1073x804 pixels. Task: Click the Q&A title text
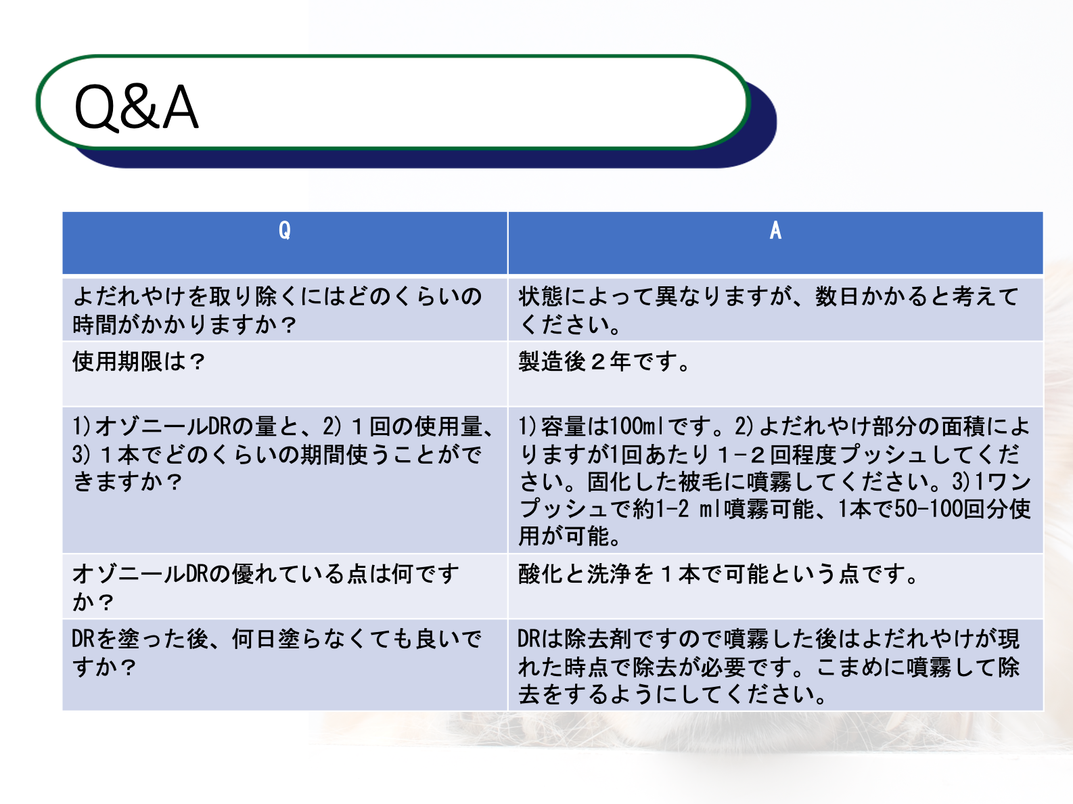point(136,107)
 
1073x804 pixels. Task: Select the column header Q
point(285,230)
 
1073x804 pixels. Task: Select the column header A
point(775,230)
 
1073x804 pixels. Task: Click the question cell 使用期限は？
point(139,362)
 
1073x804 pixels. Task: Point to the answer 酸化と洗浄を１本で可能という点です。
point(718,574)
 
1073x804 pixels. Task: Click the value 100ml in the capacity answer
point(635,426)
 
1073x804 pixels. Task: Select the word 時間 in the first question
point(95,324)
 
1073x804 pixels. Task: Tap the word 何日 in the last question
point(254,639)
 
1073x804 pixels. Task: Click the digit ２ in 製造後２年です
point(598,362)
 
